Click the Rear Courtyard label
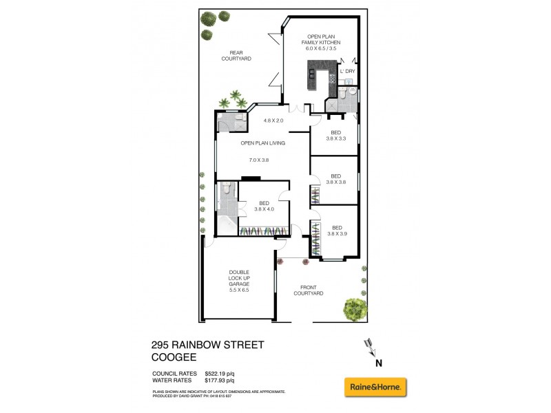pyautogui.click(x=236, y=56)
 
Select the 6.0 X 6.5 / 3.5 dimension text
pyautogui.click(x=325, y=49)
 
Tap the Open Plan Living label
pyautogui.click(x=262, y=143)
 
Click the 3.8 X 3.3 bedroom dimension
pyautogui.click(x=335, y=138)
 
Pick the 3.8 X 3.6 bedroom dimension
pyautogui.click(x=335, y=182)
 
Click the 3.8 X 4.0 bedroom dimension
pyautogui.click(x=264, y=209)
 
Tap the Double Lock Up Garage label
pyautogui.click(x=239, y=281)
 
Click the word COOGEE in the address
pyautogui.click(x=175, y=357)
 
